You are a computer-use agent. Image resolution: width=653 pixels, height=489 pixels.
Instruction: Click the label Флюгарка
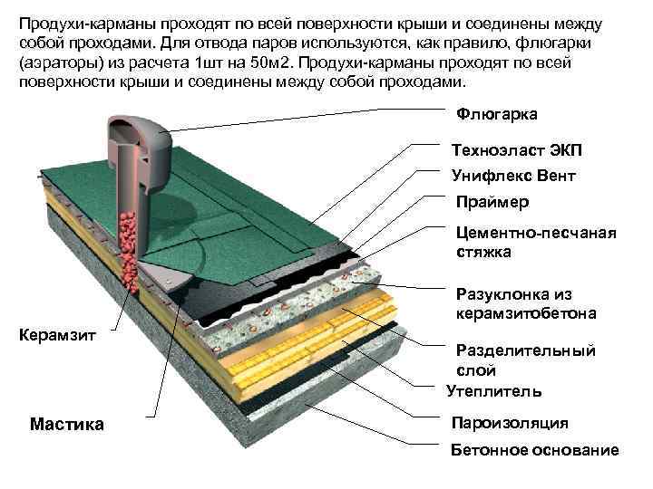(x=495, y=114)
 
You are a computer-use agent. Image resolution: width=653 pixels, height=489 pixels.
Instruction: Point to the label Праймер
(x=492, y=201)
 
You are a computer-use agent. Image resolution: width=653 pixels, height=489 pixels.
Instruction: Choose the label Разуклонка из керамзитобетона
(x=525, y=304)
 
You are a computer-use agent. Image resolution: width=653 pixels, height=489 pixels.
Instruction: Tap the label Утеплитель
(x=494, y=392)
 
